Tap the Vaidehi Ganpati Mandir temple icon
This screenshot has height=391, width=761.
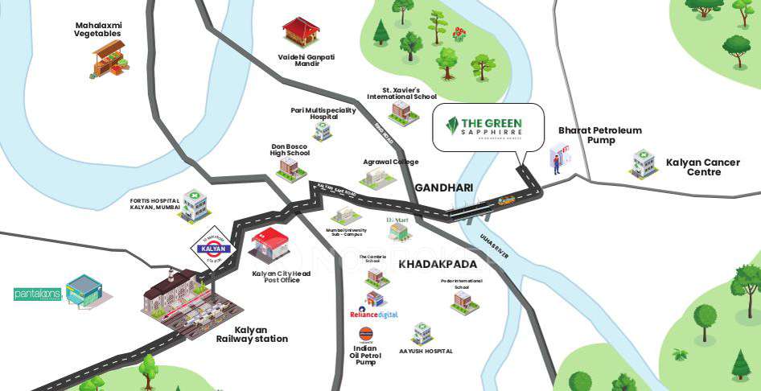point(301,32)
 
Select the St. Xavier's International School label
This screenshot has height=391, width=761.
point(402,93)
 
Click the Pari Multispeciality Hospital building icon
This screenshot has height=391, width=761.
point(323,131)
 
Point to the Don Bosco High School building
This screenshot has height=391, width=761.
point(288,168)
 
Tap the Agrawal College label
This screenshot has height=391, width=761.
point(391,162)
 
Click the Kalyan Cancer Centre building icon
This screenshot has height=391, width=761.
point(644,163)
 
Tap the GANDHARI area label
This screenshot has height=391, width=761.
point(443,188)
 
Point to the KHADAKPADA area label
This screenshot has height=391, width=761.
point(438,264)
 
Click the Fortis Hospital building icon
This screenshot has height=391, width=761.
point(194,206)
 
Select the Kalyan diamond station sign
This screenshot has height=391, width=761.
point(212,249)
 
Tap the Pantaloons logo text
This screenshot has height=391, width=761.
point(38,294)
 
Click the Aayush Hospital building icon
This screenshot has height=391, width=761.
point(422,333)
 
